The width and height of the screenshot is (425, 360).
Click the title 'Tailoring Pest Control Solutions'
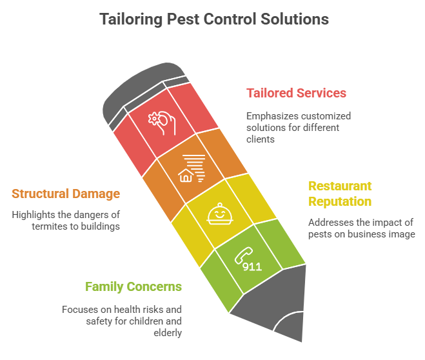pos(214,19)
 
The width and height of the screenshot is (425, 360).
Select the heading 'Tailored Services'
pos(296,93)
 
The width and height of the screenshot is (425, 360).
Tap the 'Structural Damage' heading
pos(65,194)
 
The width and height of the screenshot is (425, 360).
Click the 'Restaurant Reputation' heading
pos(340,194)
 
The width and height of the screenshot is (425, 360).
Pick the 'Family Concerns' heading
pos(133,286)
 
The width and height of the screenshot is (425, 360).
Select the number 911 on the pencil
pos(252,266)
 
